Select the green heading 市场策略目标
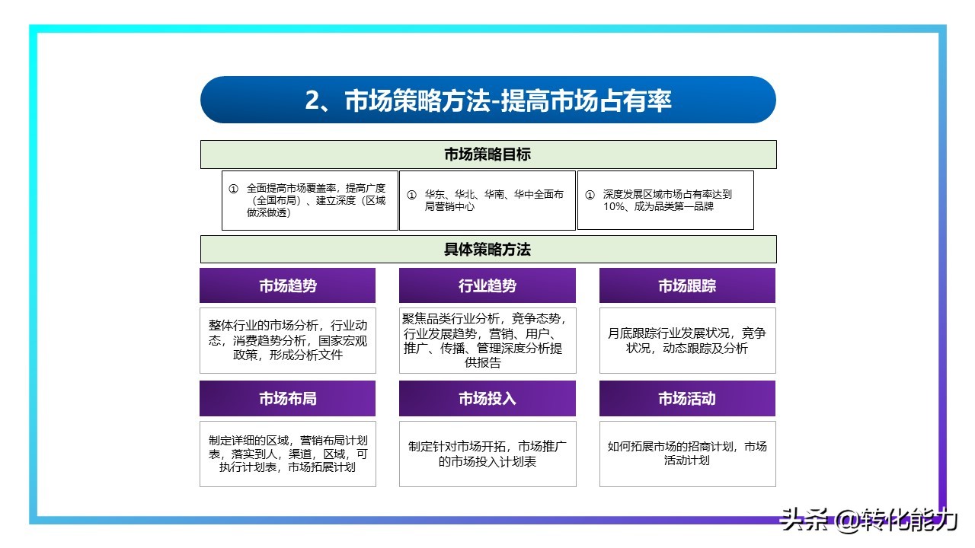click(x=487, y=155)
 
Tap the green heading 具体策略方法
click(x=487, y=250)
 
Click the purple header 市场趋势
click(x=287, y=286)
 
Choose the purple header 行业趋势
click(x=487, y=286)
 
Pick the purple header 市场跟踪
click(x=687, y=286)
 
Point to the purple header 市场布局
click(x=287, y=399)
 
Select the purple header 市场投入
click(x=487, y=399)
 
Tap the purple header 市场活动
click(x=687, y=399)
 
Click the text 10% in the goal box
click(x=615, y=206)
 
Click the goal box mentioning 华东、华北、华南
click(x=487, y=200)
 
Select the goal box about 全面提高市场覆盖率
click(x=310, y=200)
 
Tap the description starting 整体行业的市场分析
click(x=288, y=340)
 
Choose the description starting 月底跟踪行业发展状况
click(x=687, y=340)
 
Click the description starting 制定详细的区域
click(x=288, y=454)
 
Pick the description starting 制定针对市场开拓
click(x=487, y=454)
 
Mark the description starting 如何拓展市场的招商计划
click(x=687, y=454)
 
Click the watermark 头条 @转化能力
click(x=868, y=521)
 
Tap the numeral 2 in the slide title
click(x=312, y=101)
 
